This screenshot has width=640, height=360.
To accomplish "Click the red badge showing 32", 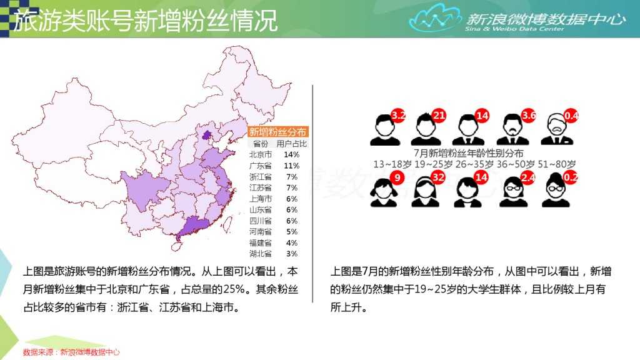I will [x=439, y=177].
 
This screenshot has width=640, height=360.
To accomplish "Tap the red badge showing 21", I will [x=439, y=115].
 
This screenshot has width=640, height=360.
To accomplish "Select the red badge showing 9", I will [x=395, y=177].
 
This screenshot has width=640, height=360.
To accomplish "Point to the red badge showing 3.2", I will [x=398, y=115].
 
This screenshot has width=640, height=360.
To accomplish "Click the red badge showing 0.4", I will [x=571, y=115].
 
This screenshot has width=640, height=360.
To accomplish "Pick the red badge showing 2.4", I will [x=528, y=177].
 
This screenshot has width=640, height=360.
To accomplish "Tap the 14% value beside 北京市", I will [x=291, y=154].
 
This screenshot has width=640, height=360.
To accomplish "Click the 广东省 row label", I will [x=260, y=166].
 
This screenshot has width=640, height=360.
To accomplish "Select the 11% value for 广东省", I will [x=291, y=166].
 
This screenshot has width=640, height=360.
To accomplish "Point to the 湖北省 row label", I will [x=260, y=254].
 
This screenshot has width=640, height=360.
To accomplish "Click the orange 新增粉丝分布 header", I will [x=278, y=131].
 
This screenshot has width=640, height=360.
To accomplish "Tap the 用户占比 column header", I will [x=287, y=144].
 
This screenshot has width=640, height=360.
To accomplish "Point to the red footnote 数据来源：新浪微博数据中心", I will [x=71, y=352].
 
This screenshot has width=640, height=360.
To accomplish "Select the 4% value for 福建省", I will [x=291, y=242].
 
